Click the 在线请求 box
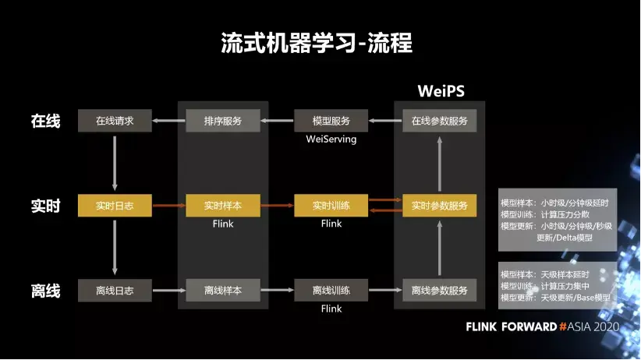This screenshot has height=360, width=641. [115, 121]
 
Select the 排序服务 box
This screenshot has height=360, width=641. [223, 121]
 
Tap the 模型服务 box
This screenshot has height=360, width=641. [331, 121]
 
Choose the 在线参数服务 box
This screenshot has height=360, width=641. [440, 121]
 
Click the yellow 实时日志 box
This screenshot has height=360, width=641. [115, 206]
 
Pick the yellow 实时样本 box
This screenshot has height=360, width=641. [223, 206]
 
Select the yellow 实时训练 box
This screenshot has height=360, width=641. [331, 206]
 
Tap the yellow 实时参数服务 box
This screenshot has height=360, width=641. [440, 206]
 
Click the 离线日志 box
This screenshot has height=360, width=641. [115, 291]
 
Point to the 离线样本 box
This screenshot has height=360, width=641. [223, 291]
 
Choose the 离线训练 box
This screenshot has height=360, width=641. [331, 291]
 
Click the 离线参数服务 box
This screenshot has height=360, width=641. [440, 291]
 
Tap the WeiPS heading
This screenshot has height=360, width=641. [441, 90]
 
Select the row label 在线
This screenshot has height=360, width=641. [45, 121]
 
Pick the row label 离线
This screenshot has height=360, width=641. [45, 291]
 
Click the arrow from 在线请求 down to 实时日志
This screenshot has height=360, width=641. [115, 163]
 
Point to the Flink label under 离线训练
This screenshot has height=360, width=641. [331, 309]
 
